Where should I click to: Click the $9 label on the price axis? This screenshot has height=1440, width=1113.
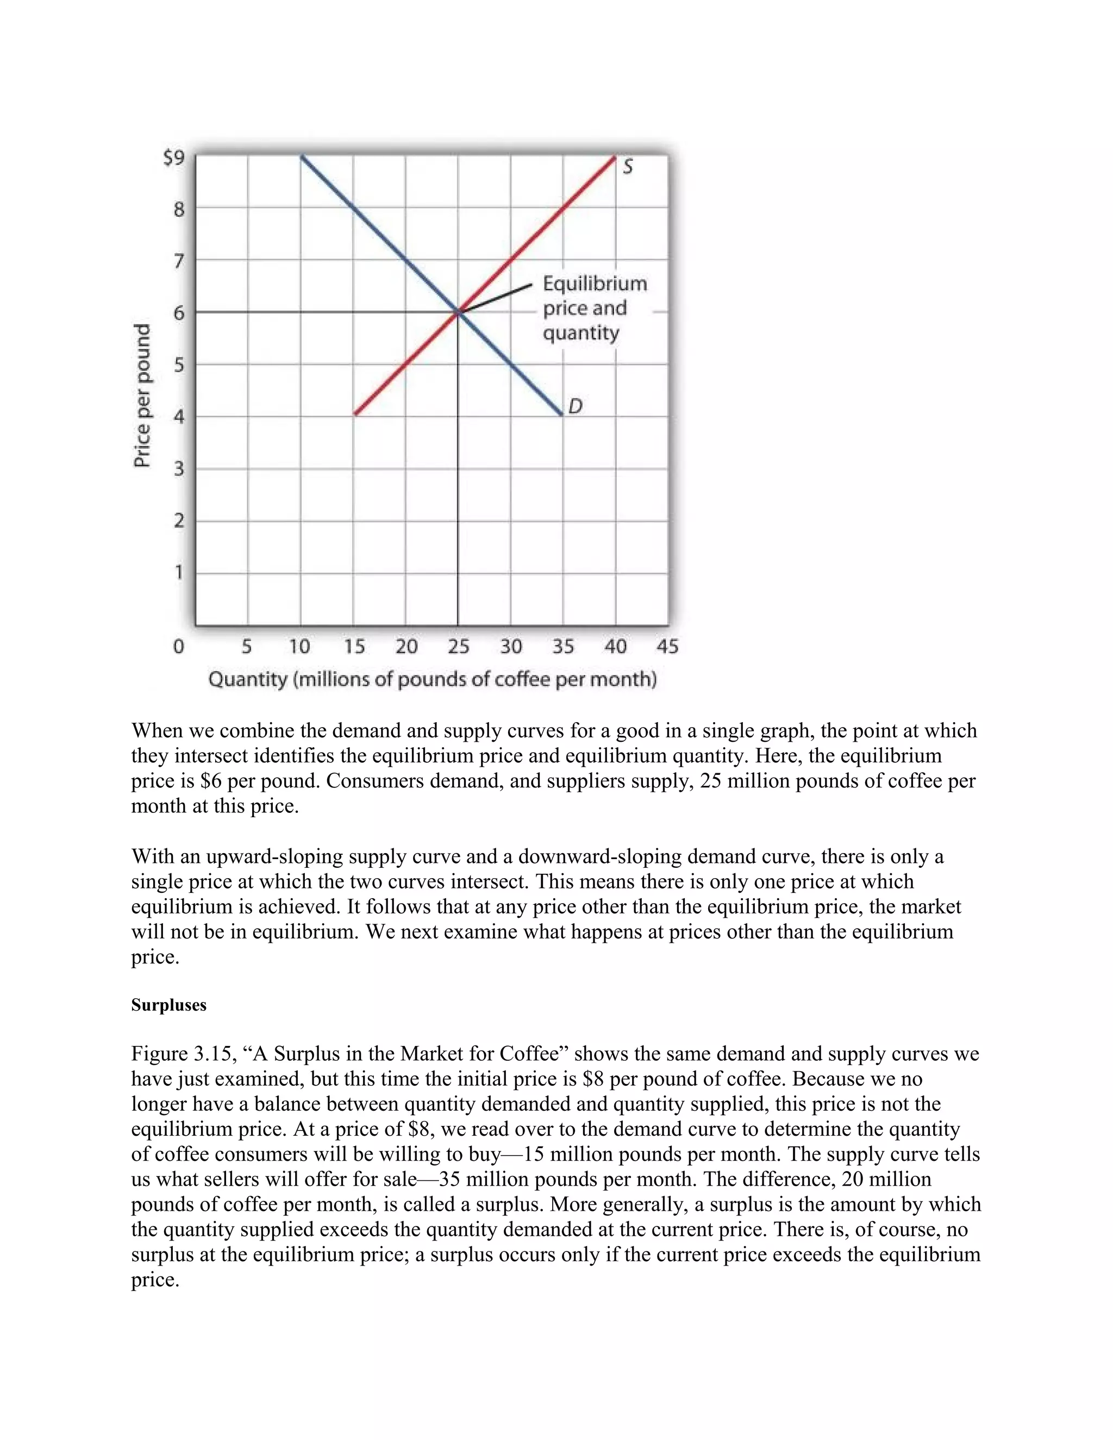[174, 158]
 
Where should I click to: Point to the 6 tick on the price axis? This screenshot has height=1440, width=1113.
[179, 312]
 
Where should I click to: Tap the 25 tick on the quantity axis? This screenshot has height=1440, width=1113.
[458, 646]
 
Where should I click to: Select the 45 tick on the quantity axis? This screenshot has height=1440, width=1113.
[667, 646]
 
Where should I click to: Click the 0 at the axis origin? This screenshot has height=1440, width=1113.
[178, 646]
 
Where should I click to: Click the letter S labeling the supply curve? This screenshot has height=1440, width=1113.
[628, 167]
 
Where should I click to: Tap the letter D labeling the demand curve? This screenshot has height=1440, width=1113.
[575, 407]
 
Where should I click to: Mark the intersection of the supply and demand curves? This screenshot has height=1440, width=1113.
[458, 312]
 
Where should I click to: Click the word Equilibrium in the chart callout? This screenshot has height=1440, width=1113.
[595, 284]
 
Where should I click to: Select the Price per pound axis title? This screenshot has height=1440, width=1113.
[142, 396]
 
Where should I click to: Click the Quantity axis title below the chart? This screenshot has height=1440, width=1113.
[433, 680]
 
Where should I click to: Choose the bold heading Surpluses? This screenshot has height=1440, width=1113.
[169, 1005]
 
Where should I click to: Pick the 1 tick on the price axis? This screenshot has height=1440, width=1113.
[179, 572]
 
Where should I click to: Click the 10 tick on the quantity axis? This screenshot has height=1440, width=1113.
[299, 646]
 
